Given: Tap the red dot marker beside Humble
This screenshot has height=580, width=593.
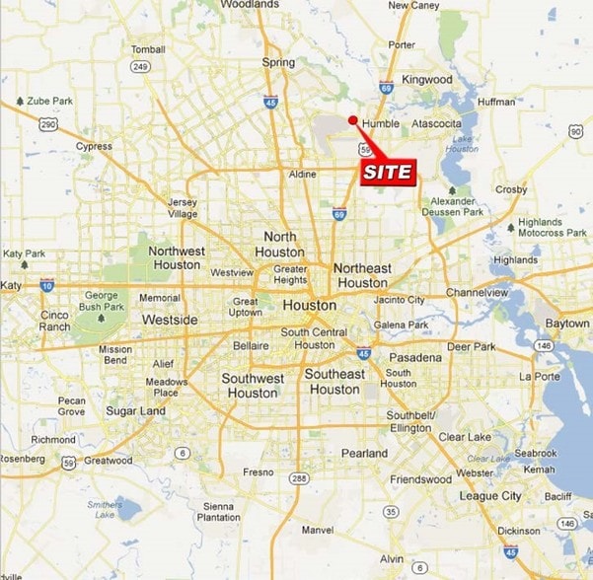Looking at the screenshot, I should (x=353, y=120).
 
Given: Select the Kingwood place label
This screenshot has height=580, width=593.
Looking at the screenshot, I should (x=427, y=79).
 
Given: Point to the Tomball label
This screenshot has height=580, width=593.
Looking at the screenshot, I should (x=148, y=49).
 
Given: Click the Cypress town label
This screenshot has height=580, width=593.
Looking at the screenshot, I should (x=94, y=146).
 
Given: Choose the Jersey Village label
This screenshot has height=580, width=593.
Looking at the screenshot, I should (x=183, y=208).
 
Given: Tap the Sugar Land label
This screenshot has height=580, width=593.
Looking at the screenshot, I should (x=135, y=410).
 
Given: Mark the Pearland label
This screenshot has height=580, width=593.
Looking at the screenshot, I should (x=364, y=453).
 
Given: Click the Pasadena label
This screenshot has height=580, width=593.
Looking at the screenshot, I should (x=414, y=357).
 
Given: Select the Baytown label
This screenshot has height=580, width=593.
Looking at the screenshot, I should (x=567, y=324).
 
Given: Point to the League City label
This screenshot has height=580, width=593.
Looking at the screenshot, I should (x=490, y=496).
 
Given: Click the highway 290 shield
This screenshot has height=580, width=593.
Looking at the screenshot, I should (x=47, y=124).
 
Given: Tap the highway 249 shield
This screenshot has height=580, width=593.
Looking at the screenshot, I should (x=139, y=67).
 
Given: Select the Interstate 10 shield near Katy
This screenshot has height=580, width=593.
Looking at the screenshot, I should (x=46, y=285).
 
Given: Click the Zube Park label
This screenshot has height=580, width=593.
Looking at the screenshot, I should (x=45, y=101).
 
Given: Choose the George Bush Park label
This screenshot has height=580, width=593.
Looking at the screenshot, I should (x=101, y=301).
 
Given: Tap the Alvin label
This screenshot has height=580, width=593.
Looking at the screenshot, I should (x=392, y=558).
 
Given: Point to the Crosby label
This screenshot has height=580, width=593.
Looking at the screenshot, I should (x=511, y=189).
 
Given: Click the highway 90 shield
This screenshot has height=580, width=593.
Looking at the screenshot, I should (x=576, y=131).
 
